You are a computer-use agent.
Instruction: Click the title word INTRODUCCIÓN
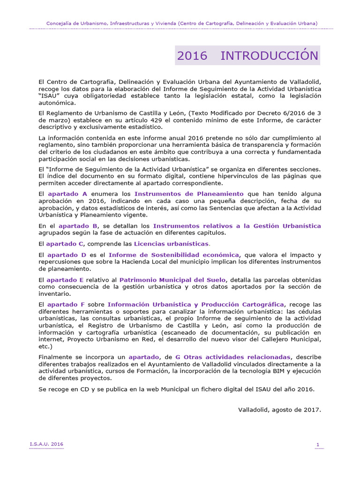tap(269, 56)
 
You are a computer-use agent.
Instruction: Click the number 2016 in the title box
tap(192, 56)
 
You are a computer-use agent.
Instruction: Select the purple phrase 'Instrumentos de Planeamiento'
tap(189, 194)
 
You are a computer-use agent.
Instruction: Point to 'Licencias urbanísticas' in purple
tap(171, 244)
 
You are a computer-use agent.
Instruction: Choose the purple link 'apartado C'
tap(65, 244)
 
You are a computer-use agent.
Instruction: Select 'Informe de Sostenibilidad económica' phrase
tap(174, 255)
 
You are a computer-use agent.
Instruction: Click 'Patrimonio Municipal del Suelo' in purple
tap(172, 280)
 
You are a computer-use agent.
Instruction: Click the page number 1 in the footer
tap(318, 444)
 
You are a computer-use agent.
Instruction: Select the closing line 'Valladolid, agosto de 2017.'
tap(280, 409)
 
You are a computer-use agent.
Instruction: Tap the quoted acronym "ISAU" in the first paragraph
tap(50, 96)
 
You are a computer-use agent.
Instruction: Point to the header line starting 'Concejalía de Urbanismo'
tap(182, 23)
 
